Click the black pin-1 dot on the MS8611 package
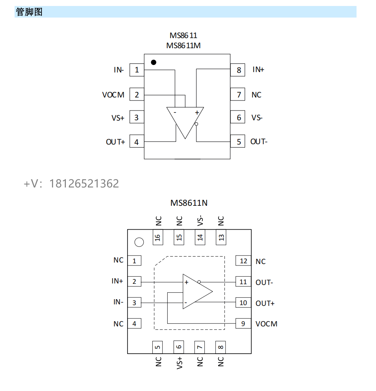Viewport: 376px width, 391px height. pos(153,62)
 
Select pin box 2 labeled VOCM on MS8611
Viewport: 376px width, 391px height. pos(137,95)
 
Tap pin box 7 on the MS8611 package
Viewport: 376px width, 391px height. pos(238,95)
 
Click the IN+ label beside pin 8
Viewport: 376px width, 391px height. pos(258,69)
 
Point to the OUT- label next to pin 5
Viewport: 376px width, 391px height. pos(259,142)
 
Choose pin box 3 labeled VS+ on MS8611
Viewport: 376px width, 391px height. pos(137,118)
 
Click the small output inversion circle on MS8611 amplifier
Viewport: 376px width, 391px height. pos(196,124)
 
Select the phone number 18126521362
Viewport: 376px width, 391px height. pos(84,183)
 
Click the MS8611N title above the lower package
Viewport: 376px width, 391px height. pos(189,203)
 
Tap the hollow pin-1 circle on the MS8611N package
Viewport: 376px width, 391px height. pos(139,242)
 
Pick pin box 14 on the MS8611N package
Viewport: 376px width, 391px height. pos(200,237)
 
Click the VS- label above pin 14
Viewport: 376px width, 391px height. pos(200,221)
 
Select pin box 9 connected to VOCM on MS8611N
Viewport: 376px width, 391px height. pos(243,324)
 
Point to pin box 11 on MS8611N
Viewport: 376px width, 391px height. pos(243,282)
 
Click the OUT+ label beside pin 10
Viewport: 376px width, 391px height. pos(265,303)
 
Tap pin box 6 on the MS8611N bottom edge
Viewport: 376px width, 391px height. pos(179,347)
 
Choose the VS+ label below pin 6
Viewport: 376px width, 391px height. pos(180,363)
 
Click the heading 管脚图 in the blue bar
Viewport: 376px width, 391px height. pos(29,12)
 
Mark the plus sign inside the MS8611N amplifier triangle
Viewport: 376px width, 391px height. pos(186,283)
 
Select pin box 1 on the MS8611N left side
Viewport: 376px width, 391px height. pos(134,261)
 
